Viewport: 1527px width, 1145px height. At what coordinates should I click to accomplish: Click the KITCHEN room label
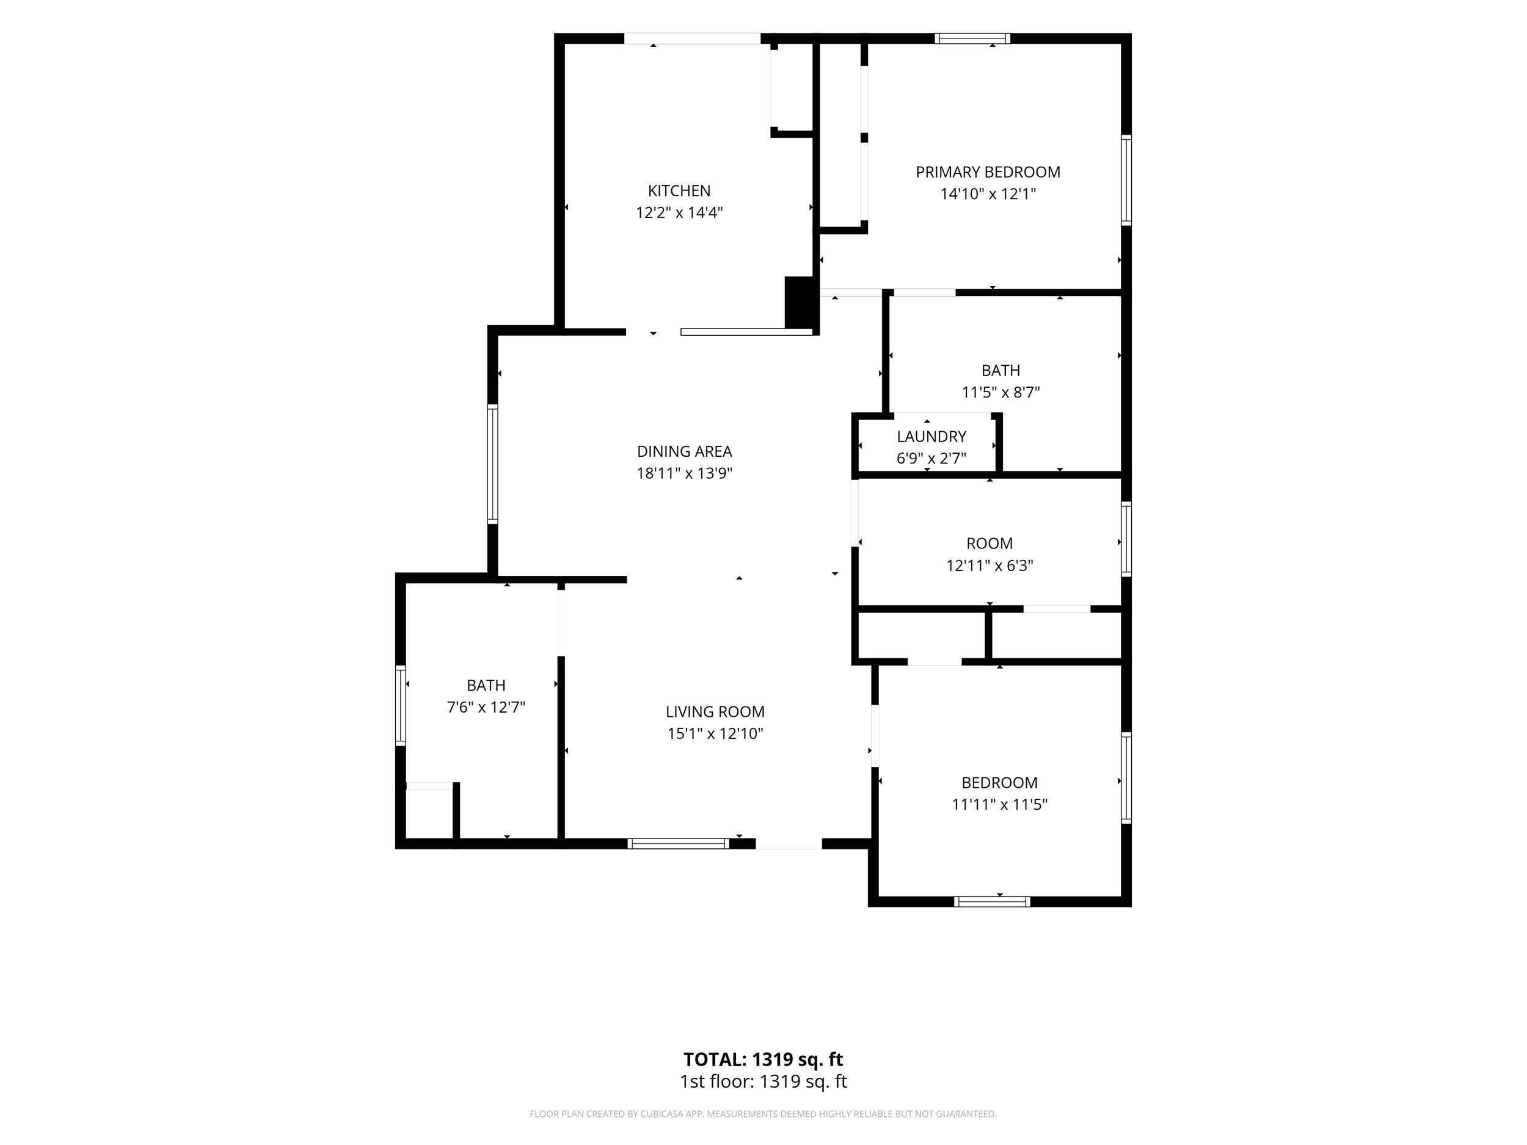click(679, 191)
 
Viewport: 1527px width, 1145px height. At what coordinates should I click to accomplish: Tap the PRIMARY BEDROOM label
click(988, 172)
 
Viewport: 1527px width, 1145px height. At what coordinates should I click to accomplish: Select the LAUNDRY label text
click(931, 436)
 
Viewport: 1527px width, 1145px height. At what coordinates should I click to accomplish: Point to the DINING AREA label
click(684, 451)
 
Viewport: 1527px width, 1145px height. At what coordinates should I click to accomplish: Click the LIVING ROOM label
click(715, 711)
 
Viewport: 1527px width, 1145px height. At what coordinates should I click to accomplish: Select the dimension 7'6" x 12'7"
click(486, 707)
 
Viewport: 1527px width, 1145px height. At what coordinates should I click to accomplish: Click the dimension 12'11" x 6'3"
click(989, 566)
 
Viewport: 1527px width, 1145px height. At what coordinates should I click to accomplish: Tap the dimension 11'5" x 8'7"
click(1000, 393)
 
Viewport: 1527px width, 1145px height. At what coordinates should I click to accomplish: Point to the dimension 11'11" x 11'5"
click(1000, 805)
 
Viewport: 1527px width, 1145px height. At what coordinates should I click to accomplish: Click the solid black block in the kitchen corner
click(800, 302)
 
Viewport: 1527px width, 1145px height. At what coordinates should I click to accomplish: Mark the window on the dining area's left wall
click(492, 463)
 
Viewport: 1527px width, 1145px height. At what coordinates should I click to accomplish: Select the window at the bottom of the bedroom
click(992, 901)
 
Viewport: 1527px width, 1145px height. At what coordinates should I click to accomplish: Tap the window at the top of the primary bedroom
click(972, 38)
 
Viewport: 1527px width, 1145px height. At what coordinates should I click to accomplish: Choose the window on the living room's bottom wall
click(678, 843)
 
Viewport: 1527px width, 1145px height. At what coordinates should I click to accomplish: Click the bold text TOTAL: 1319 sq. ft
click(763, 1060)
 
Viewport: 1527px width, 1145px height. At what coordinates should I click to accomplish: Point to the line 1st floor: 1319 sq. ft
click(763, 1081)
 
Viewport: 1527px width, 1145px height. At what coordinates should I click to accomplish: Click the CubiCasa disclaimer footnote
click(763, 1114)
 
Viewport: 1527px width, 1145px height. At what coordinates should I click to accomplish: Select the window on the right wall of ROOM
click(1126, 539)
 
